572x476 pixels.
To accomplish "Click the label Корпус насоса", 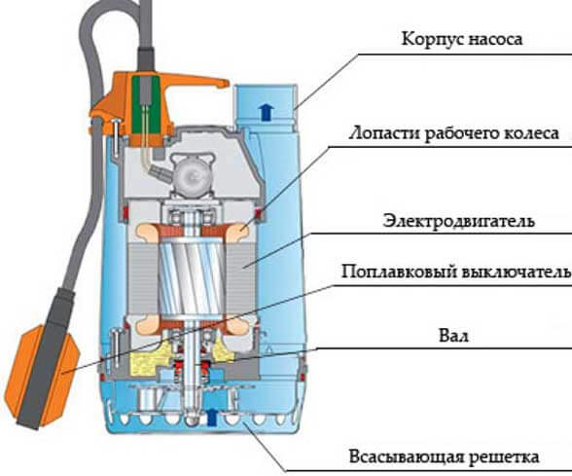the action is [x=462, y=39].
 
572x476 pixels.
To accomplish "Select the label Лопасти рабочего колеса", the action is [x=453, y=133].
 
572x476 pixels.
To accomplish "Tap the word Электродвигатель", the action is [x=459, y=221].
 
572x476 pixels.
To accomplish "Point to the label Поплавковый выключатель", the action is [x=456, y=272].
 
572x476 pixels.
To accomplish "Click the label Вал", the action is [x=453, y=336].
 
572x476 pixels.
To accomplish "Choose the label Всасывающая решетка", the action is [x=444, y=457].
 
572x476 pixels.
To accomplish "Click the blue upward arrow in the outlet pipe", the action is [x=268, y=112].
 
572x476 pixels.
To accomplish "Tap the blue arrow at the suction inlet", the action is [x=211, y=418].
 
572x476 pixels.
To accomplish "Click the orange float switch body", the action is [x=43, y=376].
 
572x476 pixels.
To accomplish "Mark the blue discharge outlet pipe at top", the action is [x=266, y=106].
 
